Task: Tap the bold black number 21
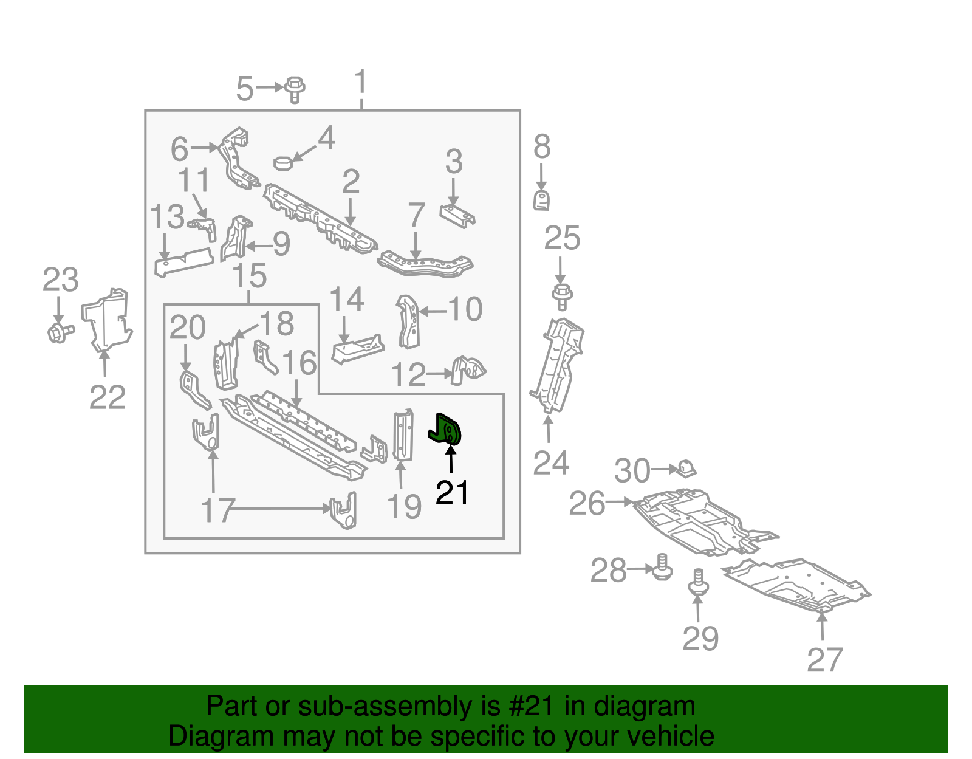452,493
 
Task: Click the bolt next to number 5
295,89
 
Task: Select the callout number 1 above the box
360,83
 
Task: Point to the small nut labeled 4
284,163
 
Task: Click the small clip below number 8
541,200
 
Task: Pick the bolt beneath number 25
562,296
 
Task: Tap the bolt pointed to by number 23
59,332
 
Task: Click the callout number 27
825,660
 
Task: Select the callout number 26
587,504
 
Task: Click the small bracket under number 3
457,216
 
